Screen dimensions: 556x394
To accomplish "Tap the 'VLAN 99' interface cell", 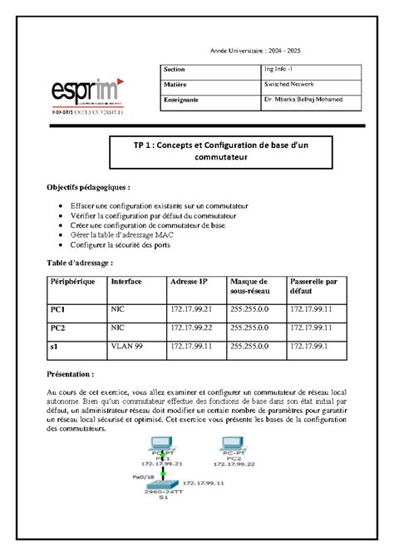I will pyautogui.click(x=126, y=345).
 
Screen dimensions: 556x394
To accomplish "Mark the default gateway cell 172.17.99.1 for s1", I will pyautogui.click(x=308, y=345).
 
